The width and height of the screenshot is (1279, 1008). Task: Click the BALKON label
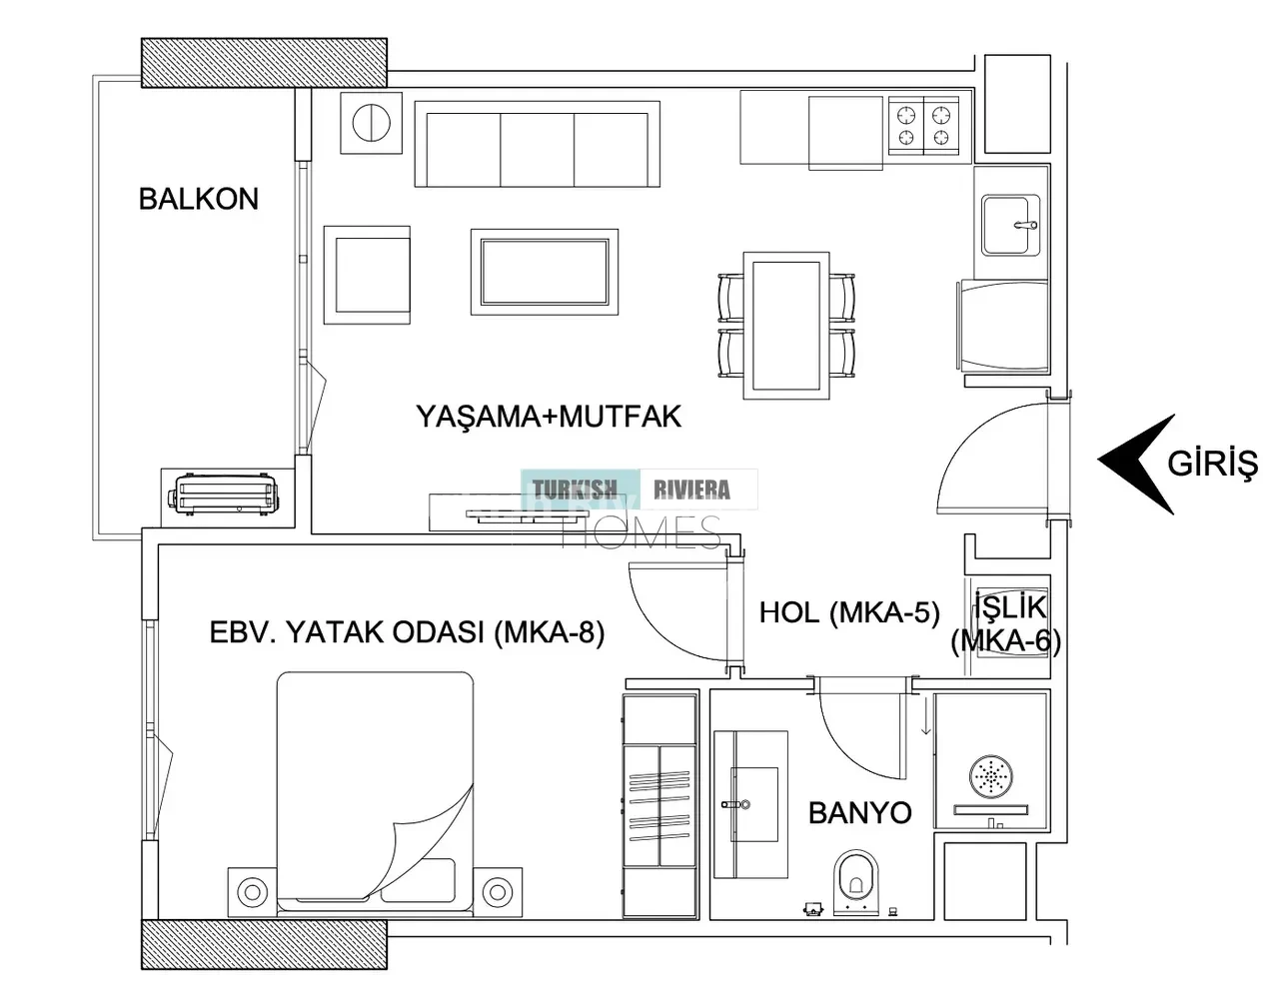(x=199, y=199)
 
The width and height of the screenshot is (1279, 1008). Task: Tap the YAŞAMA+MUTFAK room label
(x=548, y=418)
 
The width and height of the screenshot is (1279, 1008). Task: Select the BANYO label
(x=860, y=812)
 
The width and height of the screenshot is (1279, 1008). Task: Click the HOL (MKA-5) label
(x=849, y=613)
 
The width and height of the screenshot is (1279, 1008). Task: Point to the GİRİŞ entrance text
(x=1212, y=465)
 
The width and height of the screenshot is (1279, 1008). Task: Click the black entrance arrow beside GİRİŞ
(x=1136, y=465)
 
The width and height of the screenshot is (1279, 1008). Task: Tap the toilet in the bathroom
(x=856, y=882)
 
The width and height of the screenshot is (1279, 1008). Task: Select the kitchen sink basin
(x=1010, y=225)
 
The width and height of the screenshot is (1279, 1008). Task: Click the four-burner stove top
(x=923, y=125)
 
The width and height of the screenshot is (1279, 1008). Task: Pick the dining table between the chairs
(x=786, y=325)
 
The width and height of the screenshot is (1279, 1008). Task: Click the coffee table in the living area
(x=545, y=272)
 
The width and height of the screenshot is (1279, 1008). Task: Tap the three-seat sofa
(x=538, y=144)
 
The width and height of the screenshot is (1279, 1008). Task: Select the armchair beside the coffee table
(x=367, y=275)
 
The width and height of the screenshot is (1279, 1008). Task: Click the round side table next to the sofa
(x=372, y=123)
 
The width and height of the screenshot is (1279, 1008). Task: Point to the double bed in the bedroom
(x=375, y=793)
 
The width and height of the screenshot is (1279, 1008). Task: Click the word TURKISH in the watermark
(x=575, y=490)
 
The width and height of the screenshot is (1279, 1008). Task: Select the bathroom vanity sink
(x=750, y=804)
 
